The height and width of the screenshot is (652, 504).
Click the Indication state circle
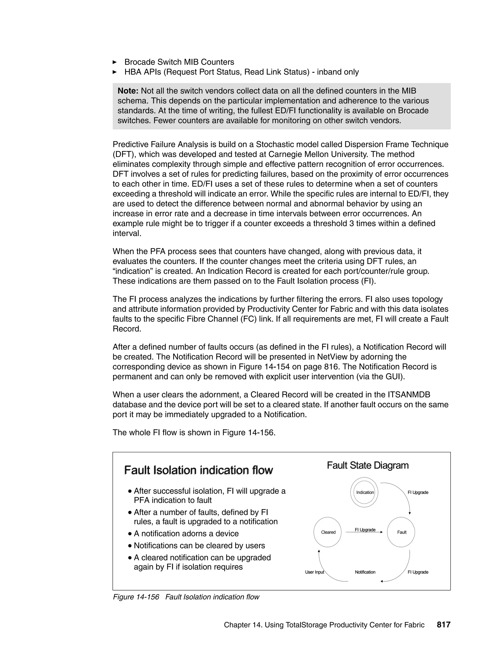[364, 492]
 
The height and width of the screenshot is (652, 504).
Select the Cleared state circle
[328, 532]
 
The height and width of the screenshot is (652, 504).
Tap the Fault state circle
[401, 532]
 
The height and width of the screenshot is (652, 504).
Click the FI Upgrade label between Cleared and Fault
[365, 530]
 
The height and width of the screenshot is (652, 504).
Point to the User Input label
[315, 572]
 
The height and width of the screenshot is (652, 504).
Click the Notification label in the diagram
[365, 572]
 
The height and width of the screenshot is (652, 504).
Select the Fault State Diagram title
[368, 466]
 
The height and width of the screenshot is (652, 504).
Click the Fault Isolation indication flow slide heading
[198, 470]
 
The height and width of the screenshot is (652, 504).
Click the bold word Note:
[128, 91]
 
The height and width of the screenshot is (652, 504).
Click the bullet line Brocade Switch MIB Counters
[179, 62]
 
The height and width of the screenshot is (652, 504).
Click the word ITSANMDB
[409, 395]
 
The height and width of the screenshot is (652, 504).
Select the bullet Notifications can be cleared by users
[199, 545]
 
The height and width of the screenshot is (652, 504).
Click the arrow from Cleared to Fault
[364, 532]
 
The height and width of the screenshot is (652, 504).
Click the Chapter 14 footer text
[324, 625]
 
